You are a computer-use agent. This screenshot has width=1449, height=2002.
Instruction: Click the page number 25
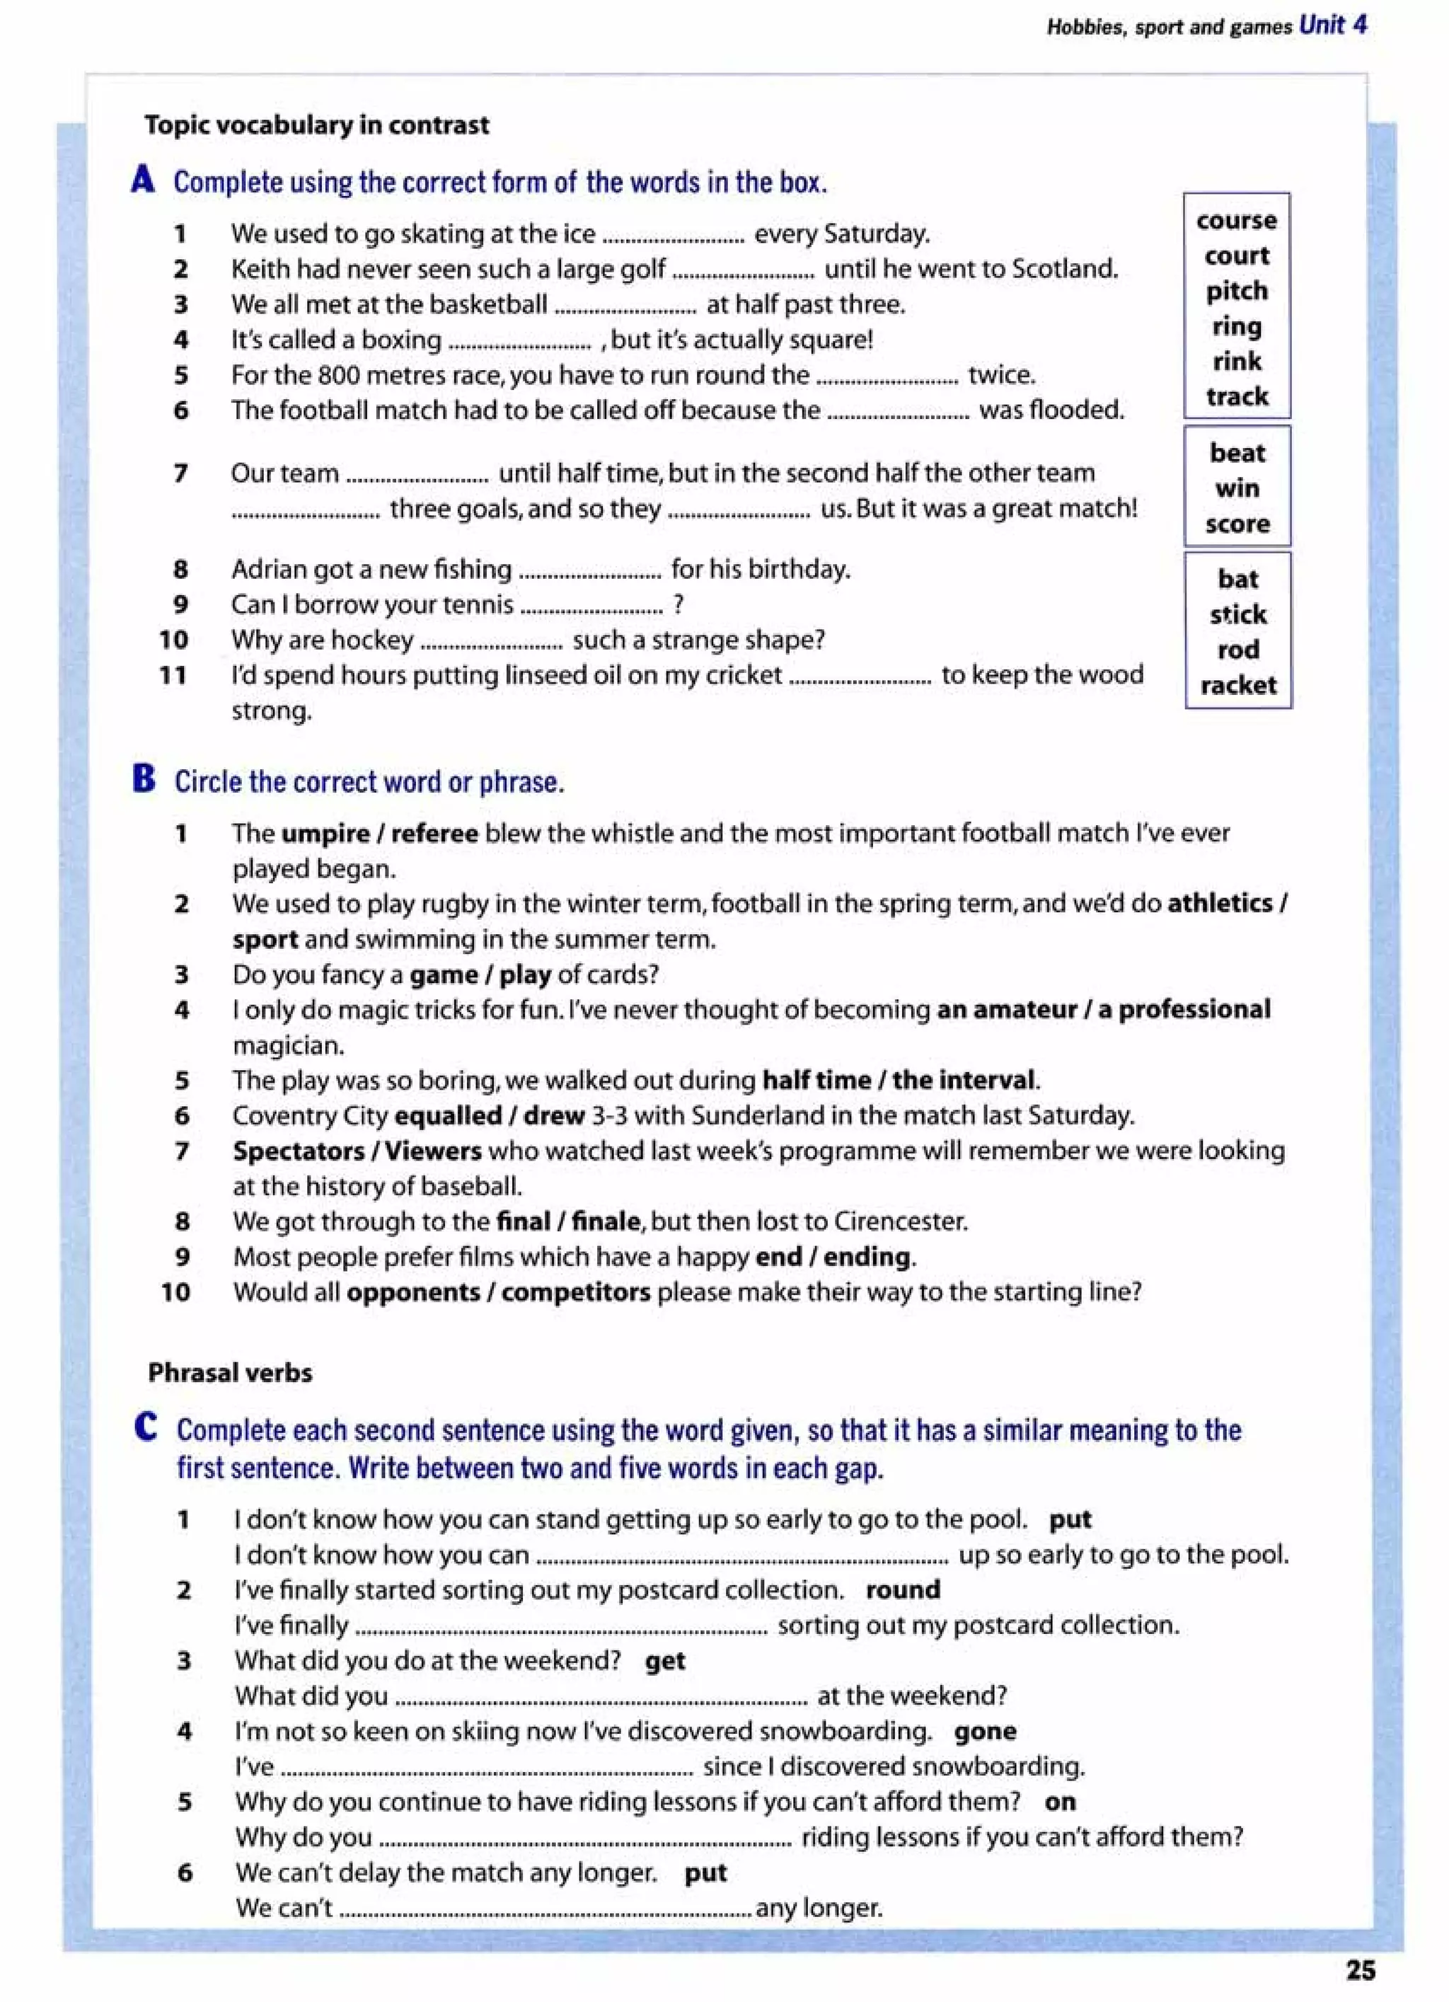tap(1360, 1970)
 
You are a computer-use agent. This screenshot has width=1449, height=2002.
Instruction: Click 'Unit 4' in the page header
tap(1332, 25)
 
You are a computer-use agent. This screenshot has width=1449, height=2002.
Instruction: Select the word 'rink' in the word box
tap(1236, 361)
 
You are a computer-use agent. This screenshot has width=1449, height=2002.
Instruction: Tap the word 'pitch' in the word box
tap(1236, 290)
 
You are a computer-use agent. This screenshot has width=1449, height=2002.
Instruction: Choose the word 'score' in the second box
tap(1237, 524)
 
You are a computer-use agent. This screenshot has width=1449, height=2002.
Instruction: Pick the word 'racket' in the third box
tap(1237, 685)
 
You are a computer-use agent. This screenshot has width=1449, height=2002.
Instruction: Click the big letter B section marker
tap(144, 779)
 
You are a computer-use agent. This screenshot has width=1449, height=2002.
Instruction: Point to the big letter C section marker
tap(146, 1427)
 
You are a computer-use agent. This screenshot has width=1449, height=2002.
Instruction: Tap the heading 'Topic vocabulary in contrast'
tap(316, 125)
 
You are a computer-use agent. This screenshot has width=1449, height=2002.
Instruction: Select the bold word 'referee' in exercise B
tap(434, 834)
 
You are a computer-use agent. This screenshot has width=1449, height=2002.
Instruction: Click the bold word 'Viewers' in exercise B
tap(432, 1151)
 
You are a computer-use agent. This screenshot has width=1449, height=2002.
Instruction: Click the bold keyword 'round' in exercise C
tap(902, 1589)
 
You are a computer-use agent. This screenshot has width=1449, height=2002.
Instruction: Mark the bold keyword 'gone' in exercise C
tap(984, 1731)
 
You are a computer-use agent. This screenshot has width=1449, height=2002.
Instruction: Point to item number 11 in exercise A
tap(173, 675)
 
